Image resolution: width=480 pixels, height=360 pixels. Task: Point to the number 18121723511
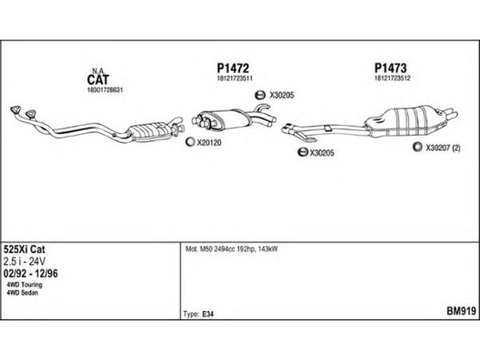coord(234,79)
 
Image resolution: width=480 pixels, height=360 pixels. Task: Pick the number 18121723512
coord(392,79)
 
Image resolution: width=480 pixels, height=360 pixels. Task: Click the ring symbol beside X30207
coord(416,146)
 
